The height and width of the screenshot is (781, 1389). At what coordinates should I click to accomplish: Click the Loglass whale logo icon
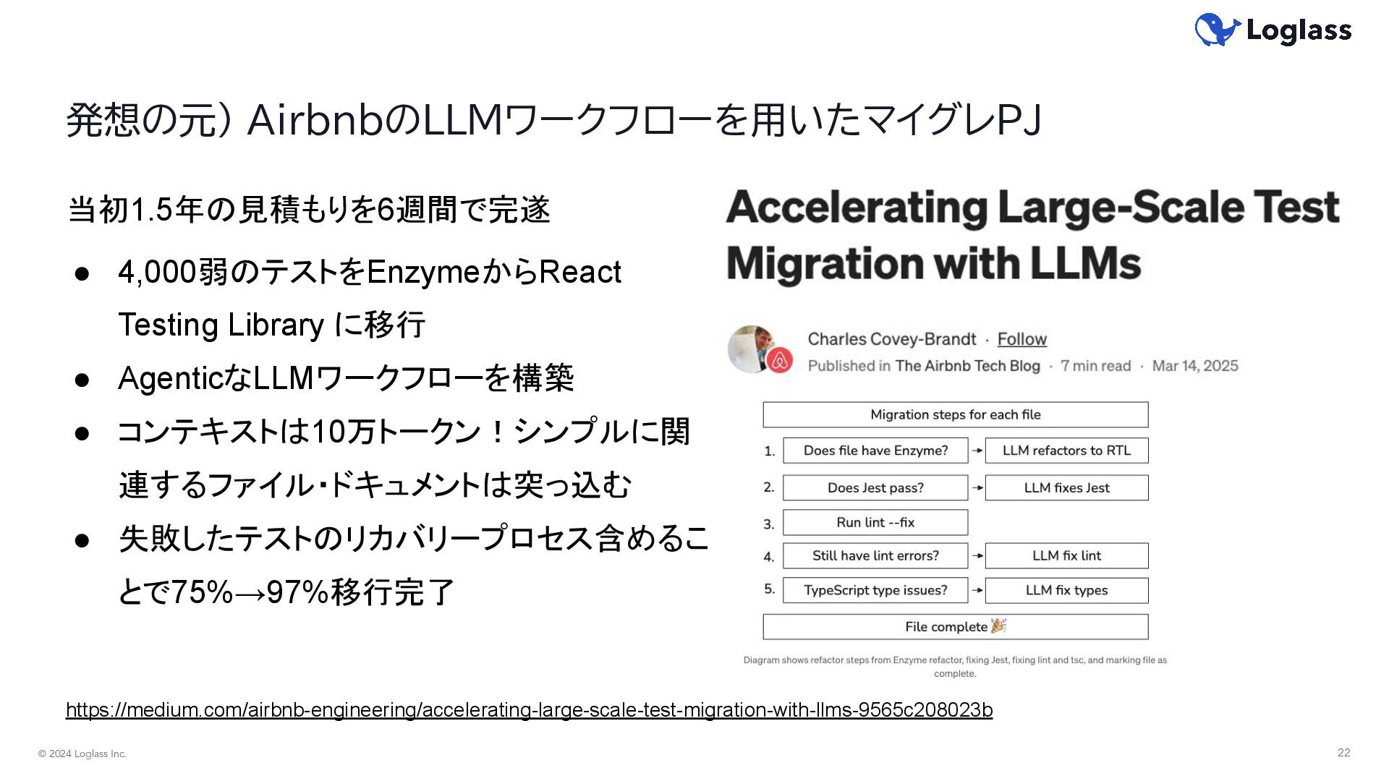(1218, 30)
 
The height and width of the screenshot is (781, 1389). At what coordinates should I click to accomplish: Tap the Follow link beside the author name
(1021, 339)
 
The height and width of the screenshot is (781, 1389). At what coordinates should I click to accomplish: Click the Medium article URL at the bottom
(529, 710)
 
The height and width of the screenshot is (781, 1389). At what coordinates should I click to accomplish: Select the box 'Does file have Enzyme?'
(875, 451)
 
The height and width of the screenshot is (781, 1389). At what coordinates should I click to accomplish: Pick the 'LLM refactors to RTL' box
(1066, 451)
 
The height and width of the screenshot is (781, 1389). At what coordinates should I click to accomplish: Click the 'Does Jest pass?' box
(875, 488)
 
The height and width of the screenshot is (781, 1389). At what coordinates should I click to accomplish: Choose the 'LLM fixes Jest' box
(1066, 488)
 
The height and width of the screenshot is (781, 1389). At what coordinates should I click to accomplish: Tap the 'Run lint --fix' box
(875, 523)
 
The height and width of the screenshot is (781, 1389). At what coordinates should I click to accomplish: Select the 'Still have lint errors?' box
(875, 556)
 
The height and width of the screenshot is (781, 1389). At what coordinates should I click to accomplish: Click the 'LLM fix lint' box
(1066, 556)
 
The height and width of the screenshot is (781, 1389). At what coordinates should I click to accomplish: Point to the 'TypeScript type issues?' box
(875, 591)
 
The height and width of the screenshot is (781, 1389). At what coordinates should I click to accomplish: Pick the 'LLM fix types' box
(1066, 591)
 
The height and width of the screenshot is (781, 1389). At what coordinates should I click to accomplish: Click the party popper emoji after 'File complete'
(998, 626)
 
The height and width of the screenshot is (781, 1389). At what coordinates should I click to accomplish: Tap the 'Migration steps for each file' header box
(955, 415)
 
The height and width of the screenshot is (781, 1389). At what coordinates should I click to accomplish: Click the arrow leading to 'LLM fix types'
(977, 591)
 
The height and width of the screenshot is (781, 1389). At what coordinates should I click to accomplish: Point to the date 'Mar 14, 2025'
(1195, 366)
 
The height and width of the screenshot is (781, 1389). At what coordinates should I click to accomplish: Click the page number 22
(1343, 753)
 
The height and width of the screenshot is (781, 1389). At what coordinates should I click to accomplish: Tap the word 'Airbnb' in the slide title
(314, 120)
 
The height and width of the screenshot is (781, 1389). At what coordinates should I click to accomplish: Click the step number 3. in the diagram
(769, 524)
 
